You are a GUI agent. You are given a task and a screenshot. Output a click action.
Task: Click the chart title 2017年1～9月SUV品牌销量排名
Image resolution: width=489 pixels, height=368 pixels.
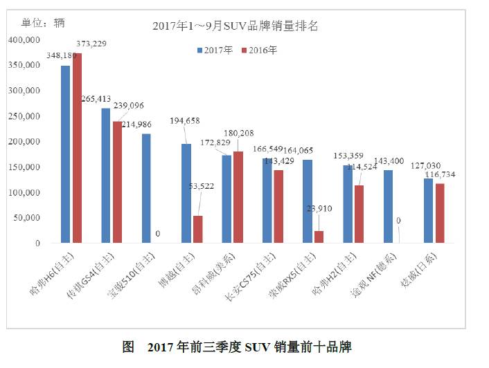point(235,27)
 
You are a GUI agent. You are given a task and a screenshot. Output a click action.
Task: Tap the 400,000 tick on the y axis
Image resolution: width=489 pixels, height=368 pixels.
point(25,40)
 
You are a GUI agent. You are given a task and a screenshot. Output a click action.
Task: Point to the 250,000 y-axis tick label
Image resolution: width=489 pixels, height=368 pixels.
point(25,116)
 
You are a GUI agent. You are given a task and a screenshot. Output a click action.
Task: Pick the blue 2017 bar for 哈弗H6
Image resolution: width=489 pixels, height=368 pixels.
point(65,154)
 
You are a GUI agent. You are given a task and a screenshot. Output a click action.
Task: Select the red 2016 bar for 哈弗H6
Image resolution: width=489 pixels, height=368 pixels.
point(77,148)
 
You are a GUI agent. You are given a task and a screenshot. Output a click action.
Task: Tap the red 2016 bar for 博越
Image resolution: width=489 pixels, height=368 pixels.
point(197,229)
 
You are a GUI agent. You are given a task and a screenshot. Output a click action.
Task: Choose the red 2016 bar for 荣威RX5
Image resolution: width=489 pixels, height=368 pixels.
point(319,237)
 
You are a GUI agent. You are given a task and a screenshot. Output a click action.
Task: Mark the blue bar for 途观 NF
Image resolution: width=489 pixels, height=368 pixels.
point(388,206)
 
